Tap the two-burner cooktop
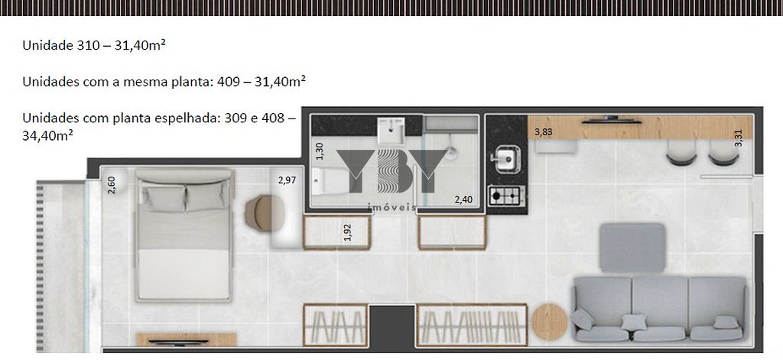click(x=506, y=196)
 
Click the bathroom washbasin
click(x=391, y=130)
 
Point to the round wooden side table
click(x=549, y=322)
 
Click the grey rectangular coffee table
click(x=632, y=248)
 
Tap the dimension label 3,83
click(x=544, y=132)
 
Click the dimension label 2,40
click(x=463, y=199)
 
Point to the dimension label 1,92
click(x=348, y=232)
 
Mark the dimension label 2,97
click(x=287, y=180)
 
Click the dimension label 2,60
click(x=112, y=185)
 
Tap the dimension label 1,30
click(x=320, y=151)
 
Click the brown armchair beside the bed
click(x=265, y=213)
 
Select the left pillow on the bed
click(x=164, y=197)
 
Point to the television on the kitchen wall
click(x=611, y=120)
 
